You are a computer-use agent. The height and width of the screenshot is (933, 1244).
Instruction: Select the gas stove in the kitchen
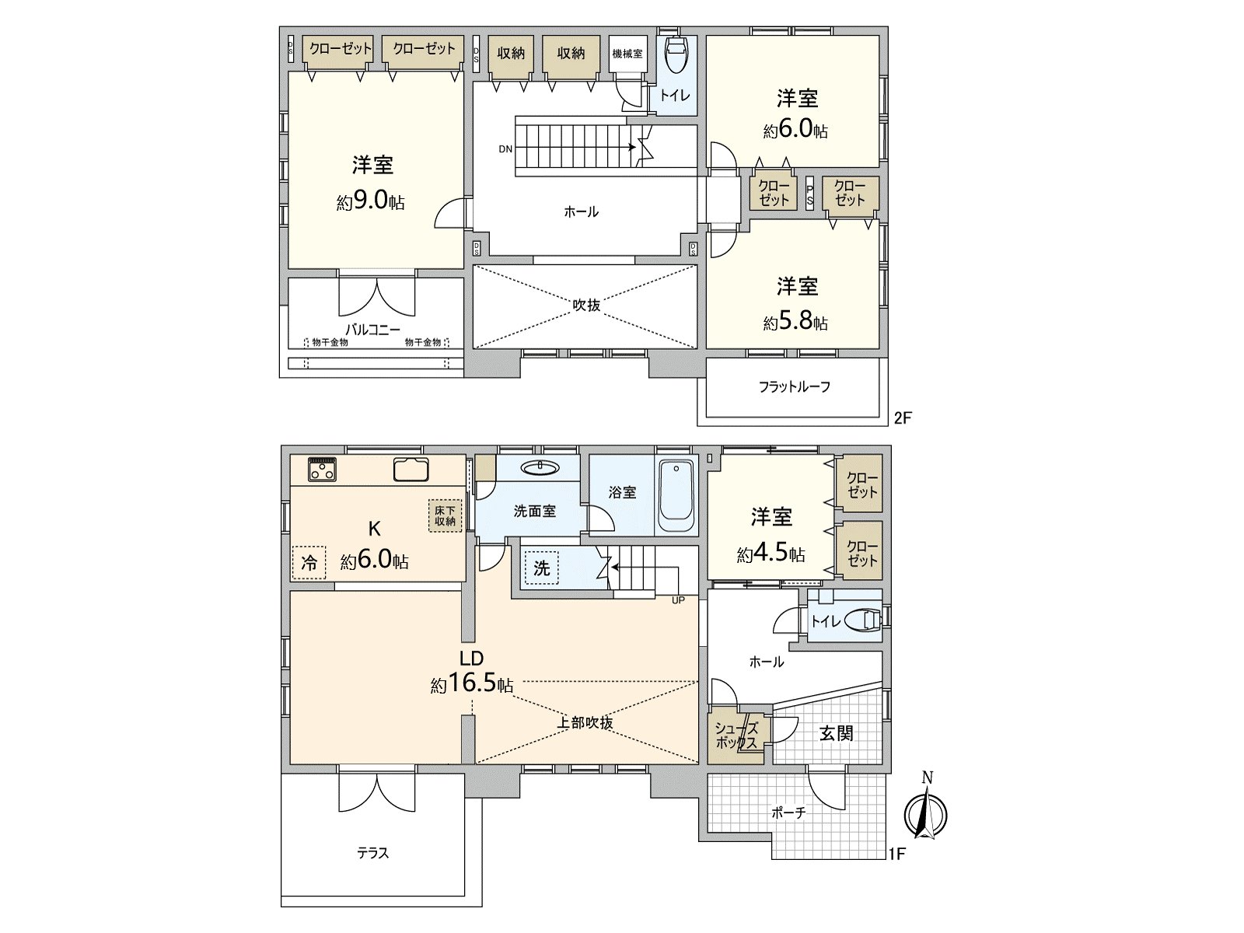322,469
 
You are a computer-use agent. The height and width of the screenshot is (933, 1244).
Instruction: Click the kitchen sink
411,470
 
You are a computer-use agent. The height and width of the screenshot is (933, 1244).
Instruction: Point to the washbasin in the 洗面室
540,467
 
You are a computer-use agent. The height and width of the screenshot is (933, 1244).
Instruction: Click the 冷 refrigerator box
309,562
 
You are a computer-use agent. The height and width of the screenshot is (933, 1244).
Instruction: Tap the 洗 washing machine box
542,568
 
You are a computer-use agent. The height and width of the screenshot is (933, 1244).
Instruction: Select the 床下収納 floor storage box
446,515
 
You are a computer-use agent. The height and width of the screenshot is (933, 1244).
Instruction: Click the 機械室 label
627,54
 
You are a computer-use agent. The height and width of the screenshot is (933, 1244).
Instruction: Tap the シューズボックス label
736,736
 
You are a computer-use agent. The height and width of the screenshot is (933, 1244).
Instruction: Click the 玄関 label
836,734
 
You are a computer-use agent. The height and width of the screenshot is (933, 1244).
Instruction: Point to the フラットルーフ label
795,387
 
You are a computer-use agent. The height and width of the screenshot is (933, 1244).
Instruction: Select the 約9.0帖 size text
371,201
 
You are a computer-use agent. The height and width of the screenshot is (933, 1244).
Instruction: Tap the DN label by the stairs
505,149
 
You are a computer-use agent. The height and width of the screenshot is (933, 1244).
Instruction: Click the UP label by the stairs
678,600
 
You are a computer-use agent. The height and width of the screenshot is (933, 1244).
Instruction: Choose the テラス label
373,853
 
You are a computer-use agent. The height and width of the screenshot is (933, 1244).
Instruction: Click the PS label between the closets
810,194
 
